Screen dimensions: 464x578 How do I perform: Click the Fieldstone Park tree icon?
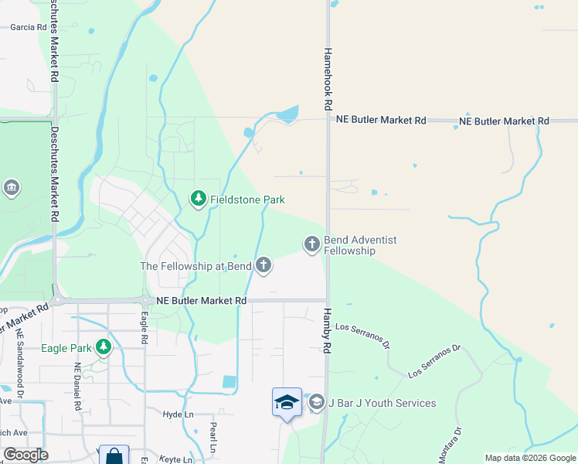point(199,200)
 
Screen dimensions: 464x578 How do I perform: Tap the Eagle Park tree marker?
point(104,348)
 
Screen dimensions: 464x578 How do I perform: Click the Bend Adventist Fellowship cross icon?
point(312,245)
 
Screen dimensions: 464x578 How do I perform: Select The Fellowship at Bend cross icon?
point(263,266)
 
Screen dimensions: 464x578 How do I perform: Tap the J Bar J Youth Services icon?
point(316,403)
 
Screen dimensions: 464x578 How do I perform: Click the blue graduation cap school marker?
point(287,403)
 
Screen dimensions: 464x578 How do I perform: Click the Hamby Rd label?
point(327,330)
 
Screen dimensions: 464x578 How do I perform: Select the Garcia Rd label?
point(29,26)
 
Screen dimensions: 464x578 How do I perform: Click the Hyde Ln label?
point(178,415)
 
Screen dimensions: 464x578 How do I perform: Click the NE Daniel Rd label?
point(78,387)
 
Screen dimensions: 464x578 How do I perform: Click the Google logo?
point(25,455)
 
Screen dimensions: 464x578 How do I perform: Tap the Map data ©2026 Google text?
point(529,458)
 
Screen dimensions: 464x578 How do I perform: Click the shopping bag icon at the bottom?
point(114,455)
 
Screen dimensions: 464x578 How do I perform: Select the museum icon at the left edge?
point(12,188)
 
